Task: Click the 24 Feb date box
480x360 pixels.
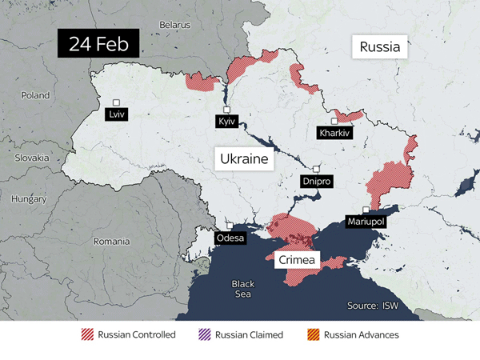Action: click(98, 43)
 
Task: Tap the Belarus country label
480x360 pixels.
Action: click(174, 25)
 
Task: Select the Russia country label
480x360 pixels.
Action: click(379, 47)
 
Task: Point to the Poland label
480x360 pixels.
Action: click(35, 94)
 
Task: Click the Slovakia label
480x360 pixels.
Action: click(31, 158)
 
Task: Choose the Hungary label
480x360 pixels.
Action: click(30, 198)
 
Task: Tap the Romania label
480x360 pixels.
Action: click(111, 241)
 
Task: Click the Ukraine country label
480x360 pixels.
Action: click(244, 159)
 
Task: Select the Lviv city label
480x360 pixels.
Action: click(117, 114)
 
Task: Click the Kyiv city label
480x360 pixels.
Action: click(226, 122)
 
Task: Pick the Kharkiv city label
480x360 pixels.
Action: click(334, 133)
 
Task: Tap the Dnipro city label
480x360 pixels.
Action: click(316, 182)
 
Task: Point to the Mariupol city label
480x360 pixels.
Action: click(366, 221)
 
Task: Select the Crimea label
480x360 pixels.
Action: click(298, 261)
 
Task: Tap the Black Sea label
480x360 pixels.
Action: click(242, 289)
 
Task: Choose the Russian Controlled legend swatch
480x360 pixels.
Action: click(87, 334)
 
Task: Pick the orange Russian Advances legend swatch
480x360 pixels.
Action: click(313, 334)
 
